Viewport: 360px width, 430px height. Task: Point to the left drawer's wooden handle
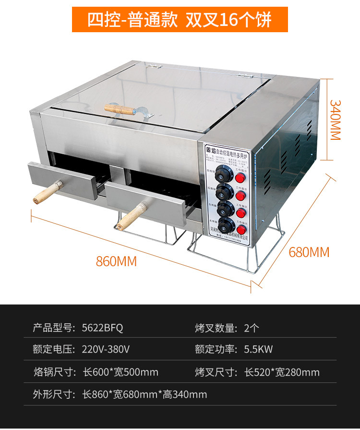pyautogui.click(x=44, y=192)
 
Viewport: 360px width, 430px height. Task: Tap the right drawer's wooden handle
pyautogui.click(x=129, y=218)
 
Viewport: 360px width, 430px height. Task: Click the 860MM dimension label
pyautogui.click(x=117, y=261)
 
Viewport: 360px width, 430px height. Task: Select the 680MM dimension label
pyautogui.click(x=309, y=251)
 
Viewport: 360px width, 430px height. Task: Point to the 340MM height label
pyautogui.click(x=335, y=120)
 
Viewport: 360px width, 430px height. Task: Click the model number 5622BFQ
pyautogui.click(x=102, y=328)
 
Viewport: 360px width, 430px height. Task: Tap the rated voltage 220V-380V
pyautogui.click(x=106, y=350)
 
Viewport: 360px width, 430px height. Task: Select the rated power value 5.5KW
pyautogui.click(x=259, y=350)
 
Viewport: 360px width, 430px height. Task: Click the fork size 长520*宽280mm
pyautogui.click(x=282, y=372)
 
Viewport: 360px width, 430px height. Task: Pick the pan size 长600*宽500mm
pyautogui.click(x=120, y=372)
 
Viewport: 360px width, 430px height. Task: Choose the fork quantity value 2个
pyautogui.click(x=252, y=328)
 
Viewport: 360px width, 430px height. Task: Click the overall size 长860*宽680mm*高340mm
pyautogui.click(x=144, y=394)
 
